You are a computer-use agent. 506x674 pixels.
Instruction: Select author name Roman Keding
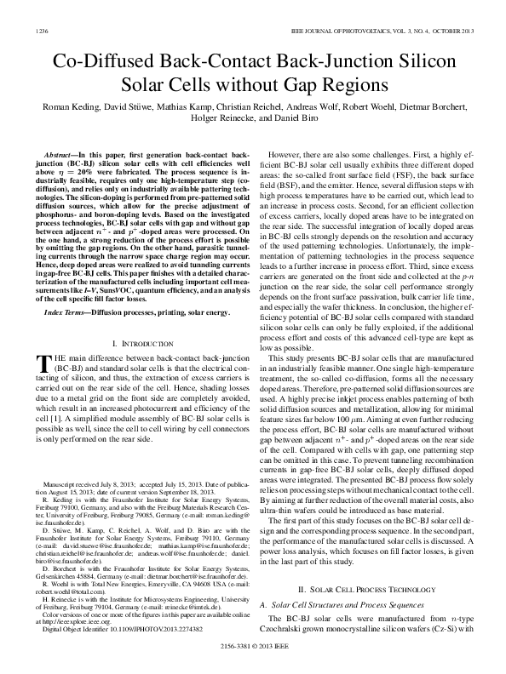click(x=63, y=109)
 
